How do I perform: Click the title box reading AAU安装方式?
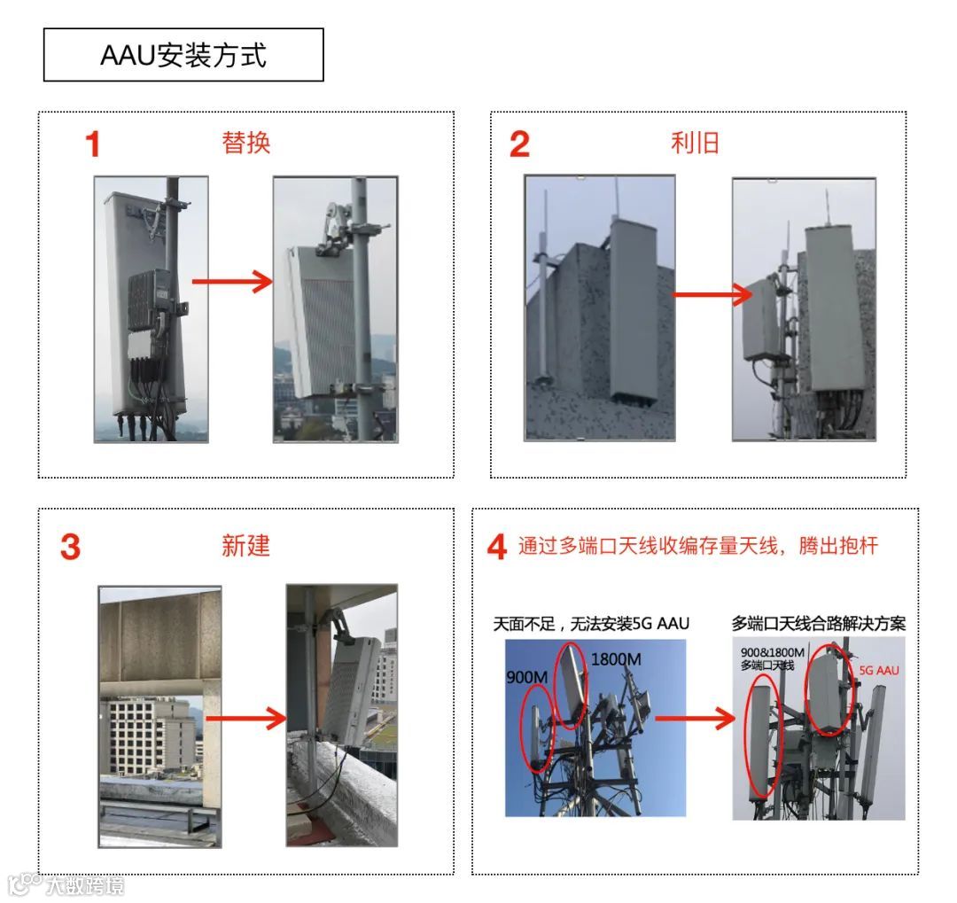point(183,55)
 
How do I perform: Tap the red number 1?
point(92,144)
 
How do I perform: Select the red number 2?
point(519,144)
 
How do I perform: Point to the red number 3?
point(70,547)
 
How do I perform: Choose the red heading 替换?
point(246,144)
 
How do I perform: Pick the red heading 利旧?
point(695,144)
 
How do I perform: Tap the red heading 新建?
point(245,546)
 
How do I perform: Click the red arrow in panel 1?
point(232,283)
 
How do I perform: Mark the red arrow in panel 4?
point(707,719)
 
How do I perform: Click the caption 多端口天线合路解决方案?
point(819,624)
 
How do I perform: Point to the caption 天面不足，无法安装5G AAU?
point(591,624)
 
